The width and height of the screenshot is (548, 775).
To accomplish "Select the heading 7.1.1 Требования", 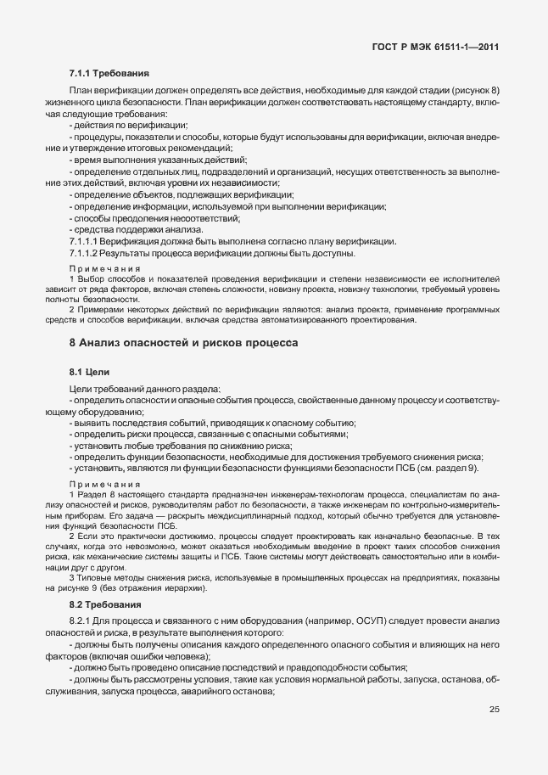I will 109,74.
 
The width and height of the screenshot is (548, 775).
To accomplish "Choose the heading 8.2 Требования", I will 105,604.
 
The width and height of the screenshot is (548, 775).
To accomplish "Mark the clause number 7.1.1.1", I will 83,242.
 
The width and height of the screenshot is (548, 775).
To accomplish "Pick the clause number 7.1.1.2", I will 83,254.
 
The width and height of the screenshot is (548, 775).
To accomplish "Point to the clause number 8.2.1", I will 81,621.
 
